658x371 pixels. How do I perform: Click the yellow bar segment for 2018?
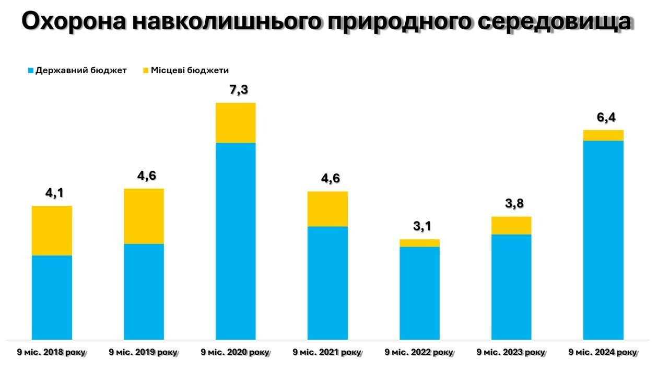(x=52, y=230)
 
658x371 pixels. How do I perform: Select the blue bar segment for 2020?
(x=236, y=241)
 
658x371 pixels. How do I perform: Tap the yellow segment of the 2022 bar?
(x=419, y=243)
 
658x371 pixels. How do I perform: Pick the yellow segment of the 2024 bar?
(x=603, y=135)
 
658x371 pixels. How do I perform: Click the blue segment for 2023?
(x=511, y=287)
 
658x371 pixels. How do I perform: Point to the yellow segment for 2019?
(x=144, y=216)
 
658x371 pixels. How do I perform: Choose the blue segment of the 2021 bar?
(x=327, y=283)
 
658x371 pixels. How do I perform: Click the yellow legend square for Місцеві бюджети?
(x=146, y=71)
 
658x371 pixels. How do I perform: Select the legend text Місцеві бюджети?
(x=190, y=71)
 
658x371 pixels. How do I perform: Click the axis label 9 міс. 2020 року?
(x=235, y=352)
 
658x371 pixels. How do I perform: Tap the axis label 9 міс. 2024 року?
(x=603, y=352)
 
